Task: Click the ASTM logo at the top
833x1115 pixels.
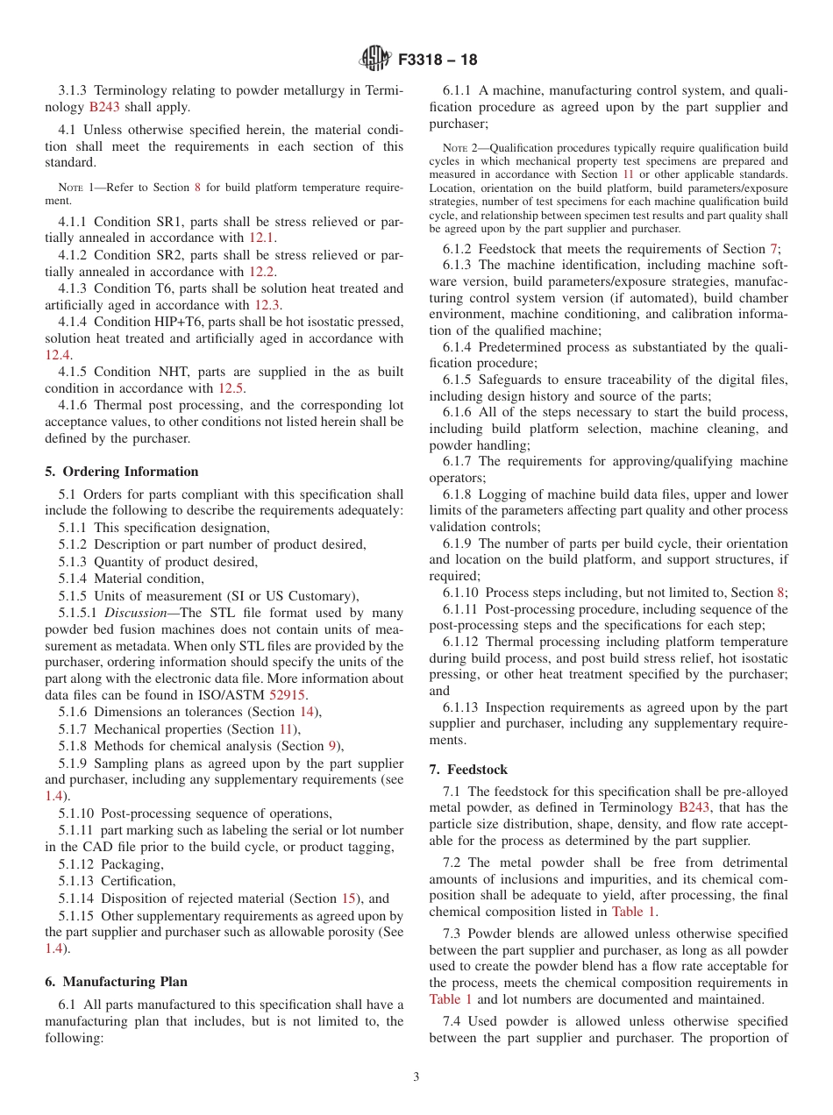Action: click(374, 60)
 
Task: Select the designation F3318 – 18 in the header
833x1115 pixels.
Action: click(438, 60)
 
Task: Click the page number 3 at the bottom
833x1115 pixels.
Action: click(416, 1076)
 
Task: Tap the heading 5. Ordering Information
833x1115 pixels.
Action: click(122, 472)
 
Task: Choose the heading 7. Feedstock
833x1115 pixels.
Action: click(468, 770)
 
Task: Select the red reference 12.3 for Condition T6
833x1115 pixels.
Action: click(267, 305)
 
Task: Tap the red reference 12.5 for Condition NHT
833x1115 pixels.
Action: click(231, 388)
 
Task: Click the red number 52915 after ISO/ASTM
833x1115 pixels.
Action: click(287, 695)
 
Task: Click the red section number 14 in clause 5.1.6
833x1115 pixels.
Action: click(307, 712)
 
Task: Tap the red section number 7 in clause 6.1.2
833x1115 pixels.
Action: click(773, 249)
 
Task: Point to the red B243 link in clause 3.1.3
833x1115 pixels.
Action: click(104, 108)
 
